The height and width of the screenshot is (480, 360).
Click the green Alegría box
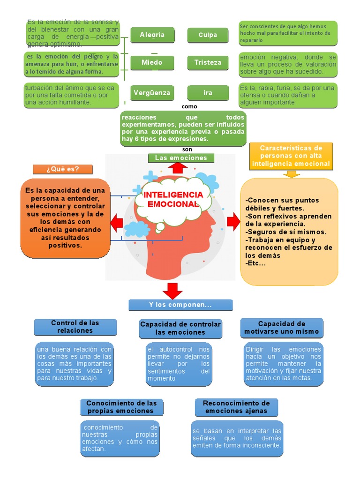point(152,35)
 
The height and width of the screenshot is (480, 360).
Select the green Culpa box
point(208,35)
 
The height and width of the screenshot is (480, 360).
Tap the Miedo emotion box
point(152,62)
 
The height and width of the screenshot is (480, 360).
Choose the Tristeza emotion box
point(208,62)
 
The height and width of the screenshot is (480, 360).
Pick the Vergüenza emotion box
point(152,92)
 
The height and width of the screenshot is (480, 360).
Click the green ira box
point(208,92)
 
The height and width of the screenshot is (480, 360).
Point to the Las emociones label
point(180,158)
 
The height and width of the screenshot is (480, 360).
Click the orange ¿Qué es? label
point(63,169)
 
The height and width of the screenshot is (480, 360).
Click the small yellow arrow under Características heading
point(292,174)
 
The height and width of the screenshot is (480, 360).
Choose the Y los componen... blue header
point(180,305)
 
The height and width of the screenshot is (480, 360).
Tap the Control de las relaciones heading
point(75,327)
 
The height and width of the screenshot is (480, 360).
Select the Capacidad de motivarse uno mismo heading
point(281,328)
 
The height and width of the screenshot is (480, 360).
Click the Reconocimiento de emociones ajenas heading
point(236,407)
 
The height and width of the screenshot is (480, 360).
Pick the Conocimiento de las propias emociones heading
point(121,407)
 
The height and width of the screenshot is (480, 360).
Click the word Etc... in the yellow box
point(255,263)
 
